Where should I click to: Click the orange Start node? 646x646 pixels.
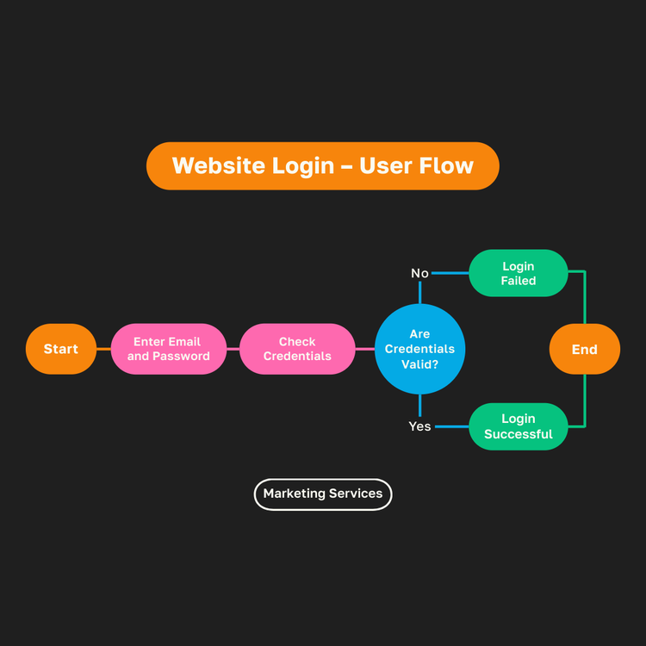pos(60,349)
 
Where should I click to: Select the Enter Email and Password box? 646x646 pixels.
pos(169,349)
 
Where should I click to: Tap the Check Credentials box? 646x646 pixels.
pos(297,349)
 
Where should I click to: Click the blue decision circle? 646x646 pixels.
pos(419,349)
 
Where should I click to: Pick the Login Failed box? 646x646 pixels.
pos(519,273)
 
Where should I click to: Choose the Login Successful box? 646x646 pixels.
pos(519,426)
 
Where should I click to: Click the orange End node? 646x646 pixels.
pos(585,349)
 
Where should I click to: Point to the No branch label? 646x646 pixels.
pos(419,273)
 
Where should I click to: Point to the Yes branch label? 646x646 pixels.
pos(419,426)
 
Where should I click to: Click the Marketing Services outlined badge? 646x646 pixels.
pos(323,494)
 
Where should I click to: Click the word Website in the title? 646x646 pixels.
pos(218,165)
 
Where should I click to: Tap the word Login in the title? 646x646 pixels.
pos(302,165)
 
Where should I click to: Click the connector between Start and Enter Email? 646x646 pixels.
pos(103,349)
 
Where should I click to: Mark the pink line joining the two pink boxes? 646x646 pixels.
pos(233,349)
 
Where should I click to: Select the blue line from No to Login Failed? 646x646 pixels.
pos(450,273)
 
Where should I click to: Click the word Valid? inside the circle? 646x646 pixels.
pos(419,364)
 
